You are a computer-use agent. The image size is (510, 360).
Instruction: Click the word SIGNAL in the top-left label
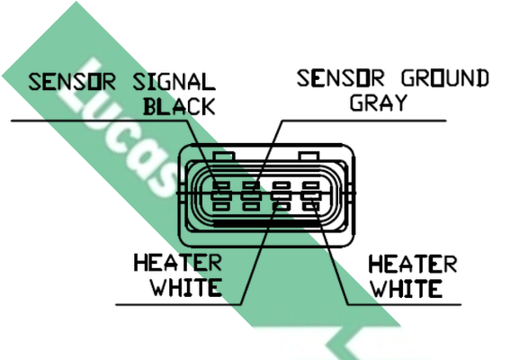point(174,81)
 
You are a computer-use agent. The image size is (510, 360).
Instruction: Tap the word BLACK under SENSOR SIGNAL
point(179,106)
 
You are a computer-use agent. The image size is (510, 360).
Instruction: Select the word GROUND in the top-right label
point(445,78)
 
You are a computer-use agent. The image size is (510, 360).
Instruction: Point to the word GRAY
point(379,103)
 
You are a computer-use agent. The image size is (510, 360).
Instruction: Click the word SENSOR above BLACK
point(72,81)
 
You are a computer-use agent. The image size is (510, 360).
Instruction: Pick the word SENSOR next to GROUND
point(341,78)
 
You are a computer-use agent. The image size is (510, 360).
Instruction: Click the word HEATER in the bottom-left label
point(178,263)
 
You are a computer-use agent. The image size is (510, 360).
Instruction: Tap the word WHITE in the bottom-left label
point(186,287)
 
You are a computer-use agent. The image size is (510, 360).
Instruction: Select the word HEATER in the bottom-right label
point(413,264)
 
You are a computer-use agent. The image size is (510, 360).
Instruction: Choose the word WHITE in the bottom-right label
point(407,288)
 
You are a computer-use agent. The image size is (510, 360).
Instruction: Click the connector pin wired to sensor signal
point(221,196)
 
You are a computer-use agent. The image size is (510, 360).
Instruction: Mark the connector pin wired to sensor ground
point(251,196)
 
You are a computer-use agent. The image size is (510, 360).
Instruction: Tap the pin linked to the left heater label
point(281,196)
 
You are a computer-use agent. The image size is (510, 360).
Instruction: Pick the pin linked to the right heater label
point(310,196)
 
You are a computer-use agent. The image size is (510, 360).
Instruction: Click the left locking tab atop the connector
point(223,156)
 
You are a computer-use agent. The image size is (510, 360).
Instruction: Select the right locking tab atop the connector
point(309,156)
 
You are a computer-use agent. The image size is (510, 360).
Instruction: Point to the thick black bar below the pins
point(267,223)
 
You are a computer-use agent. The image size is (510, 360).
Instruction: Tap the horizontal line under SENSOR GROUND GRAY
point(363,121)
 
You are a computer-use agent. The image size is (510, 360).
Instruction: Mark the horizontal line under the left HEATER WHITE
point(179,305)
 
